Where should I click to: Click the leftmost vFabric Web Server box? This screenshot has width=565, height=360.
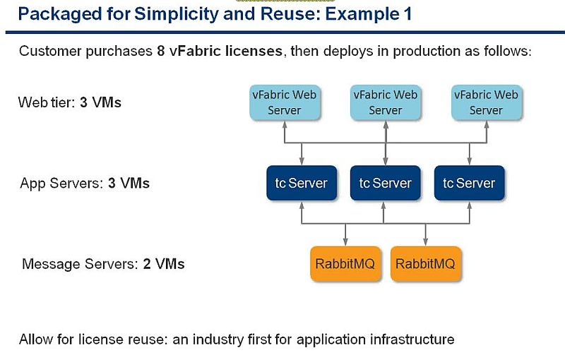285,102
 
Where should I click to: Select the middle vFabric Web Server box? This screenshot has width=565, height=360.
385,102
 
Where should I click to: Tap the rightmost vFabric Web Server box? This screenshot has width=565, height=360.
486,102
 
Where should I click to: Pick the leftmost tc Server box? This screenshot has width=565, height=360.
302,183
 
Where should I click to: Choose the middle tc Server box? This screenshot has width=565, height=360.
385,183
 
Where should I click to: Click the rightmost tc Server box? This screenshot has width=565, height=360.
469,183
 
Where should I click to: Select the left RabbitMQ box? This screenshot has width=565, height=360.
345,263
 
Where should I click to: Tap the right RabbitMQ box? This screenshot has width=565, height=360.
426,263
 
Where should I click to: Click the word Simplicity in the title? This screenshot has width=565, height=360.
177,15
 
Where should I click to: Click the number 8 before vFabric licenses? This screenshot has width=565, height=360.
161,51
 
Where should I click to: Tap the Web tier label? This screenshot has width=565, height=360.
46,102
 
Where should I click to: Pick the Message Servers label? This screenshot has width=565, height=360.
80,264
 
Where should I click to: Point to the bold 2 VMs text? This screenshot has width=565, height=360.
164,264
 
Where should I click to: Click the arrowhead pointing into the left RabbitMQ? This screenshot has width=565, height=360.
345,242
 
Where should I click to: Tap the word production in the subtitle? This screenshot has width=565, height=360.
427,52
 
